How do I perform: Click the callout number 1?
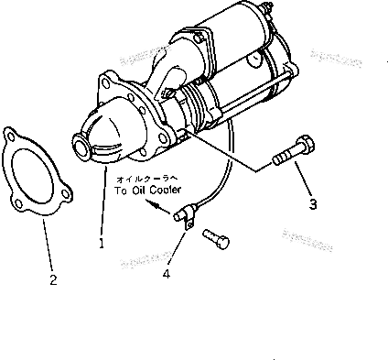point(102,245)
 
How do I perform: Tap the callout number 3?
point(313,204)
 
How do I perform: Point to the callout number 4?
point(167,272)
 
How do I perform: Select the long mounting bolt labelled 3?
point(290,153)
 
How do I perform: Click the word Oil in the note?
point(136,191)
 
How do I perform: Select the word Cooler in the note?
point(162,191)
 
